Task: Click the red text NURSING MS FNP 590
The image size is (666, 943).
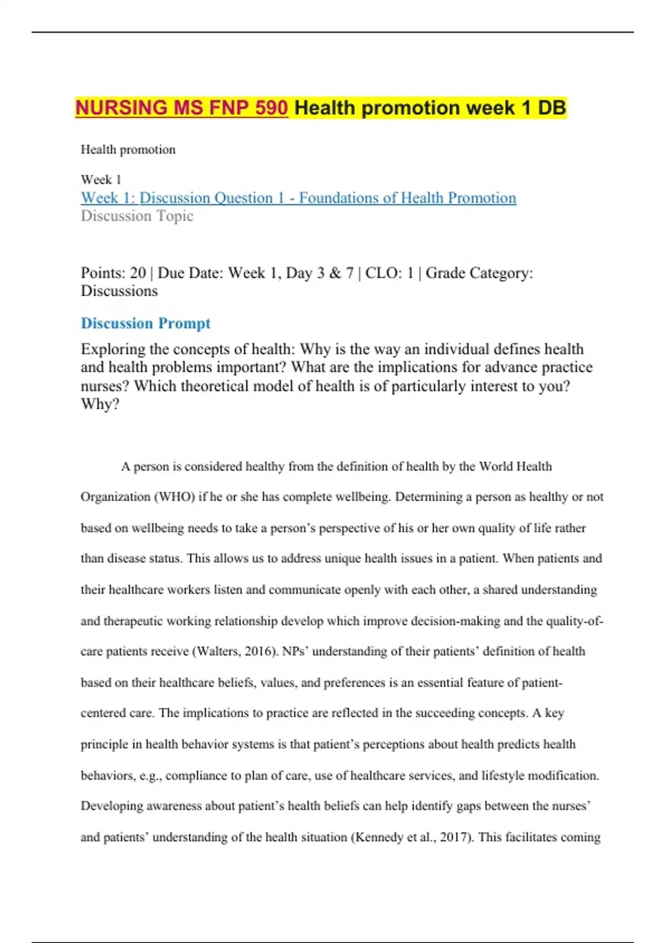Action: point(181,108)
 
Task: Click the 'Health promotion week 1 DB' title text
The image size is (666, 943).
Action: point(430,108)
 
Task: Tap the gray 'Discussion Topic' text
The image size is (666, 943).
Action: point(137,216)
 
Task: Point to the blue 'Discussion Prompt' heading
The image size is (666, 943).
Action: point(145,323)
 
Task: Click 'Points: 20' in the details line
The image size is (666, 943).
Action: point(113,273)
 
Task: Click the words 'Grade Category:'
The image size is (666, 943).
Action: point(479,273)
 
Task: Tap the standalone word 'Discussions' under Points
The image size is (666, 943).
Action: point(119,291)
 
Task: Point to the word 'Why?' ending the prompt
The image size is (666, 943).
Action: point(100,404)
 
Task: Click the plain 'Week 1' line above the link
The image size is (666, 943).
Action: point(100,180)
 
